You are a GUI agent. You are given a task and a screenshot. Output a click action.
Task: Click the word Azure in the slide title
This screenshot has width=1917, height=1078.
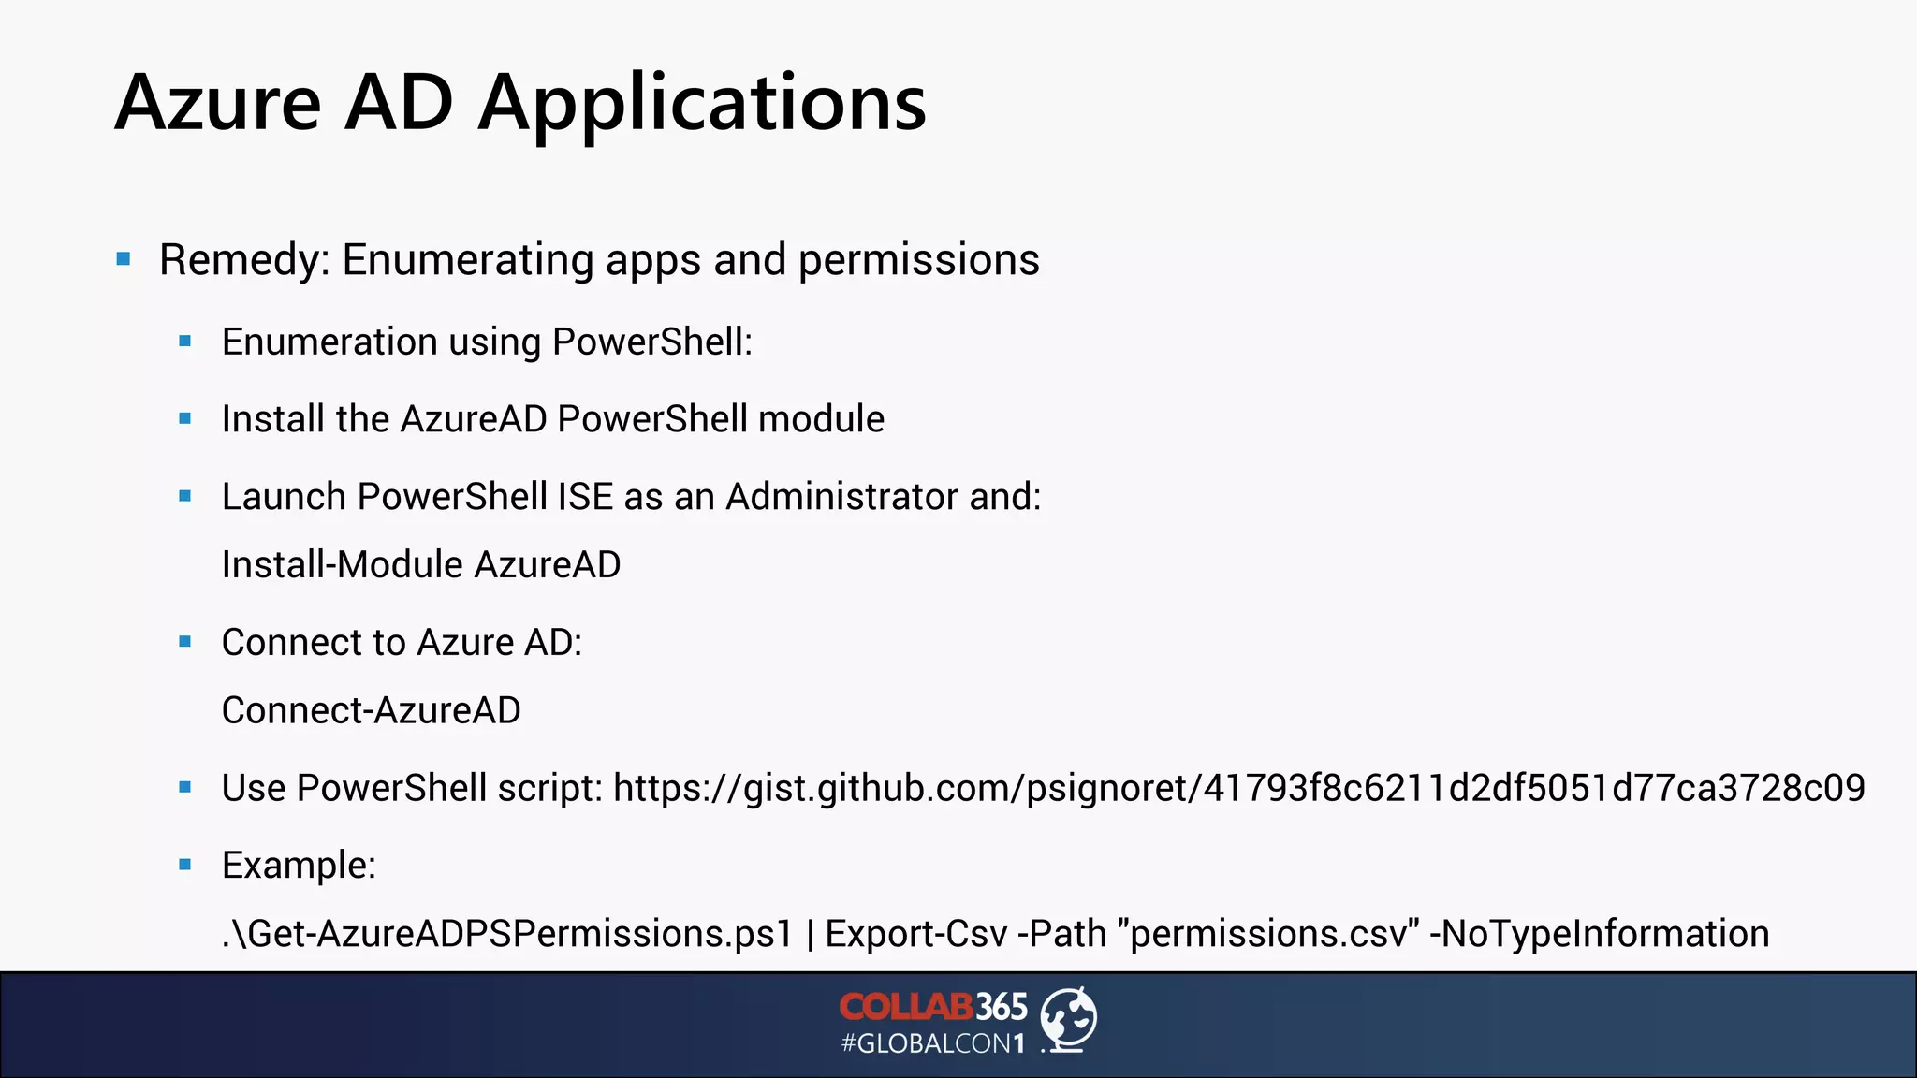coord(218,102)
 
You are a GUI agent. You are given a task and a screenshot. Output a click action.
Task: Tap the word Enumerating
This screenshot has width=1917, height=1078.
coord(467,261)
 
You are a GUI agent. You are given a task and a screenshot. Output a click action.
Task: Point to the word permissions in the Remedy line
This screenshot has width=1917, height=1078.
coord(918,261)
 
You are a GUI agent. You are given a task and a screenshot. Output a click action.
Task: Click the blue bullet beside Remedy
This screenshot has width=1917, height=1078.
coord(124,259)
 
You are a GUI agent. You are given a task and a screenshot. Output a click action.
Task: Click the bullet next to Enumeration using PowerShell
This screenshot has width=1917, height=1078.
coord(185,342)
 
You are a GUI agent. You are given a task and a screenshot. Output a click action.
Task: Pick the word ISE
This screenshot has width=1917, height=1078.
coord(585,497)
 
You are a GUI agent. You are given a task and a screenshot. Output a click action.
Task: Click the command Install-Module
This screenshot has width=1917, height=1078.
coord(343,565)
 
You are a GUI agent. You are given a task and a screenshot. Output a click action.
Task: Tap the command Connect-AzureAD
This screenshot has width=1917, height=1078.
coord(371,711)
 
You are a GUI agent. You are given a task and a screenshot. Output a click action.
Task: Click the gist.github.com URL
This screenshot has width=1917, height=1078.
coord(1238,789)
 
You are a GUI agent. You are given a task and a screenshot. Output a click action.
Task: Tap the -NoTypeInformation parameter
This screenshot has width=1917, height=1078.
coord(1599,935)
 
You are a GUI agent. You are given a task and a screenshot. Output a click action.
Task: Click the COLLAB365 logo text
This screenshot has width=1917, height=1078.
coord(933,1007)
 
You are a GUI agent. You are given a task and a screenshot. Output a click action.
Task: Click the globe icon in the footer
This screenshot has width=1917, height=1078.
coord(1069,1019)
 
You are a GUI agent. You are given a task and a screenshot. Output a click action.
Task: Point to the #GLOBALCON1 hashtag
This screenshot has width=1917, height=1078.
coord(933,1044)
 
